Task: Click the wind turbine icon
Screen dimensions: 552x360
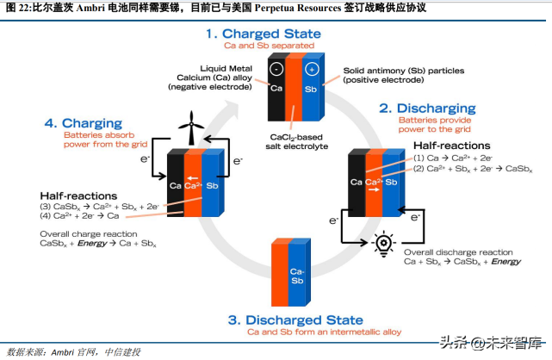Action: coord(191,127)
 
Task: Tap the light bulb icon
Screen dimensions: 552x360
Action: coord(383,244)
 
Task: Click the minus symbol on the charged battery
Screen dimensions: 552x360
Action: coord(276,69)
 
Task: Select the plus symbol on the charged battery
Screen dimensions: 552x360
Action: coord(312,69)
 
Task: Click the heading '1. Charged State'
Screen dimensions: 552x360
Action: coord(264,34)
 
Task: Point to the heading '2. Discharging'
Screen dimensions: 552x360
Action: coord(427,108)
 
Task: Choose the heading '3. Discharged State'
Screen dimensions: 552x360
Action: coord(295,320)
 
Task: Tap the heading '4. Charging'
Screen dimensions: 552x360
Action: coord(83,123)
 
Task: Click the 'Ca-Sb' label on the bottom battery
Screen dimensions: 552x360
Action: coord(297,276)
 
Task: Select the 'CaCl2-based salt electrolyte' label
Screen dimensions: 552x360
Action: coord(297,142)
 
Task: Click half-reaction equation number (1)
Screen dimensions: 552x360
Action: coord(453,158)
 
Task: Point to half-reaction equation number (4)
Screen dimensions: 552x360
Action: coord(79,215)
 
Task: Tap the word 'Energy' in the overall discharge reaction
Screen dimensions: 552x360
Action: coord(505,262)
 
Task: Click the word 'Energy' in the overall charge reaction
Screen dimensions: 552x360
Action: coord(92,243)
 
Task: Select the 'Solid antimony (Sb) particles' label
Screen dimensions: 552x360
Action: coord(404,71)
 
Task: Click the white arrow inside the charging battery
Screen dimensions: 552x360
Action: coord(192,178)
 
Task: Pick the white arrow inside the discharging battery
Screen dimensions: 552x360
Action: coord(374,189)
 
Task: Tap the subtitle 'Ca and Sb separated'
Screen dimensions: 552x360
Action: coord(269,46)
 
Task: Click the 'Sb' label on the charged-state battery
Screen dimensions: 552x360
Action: coord(311,90)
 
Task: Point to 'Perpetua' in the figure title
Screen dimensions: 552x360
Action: coord(276,8)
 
